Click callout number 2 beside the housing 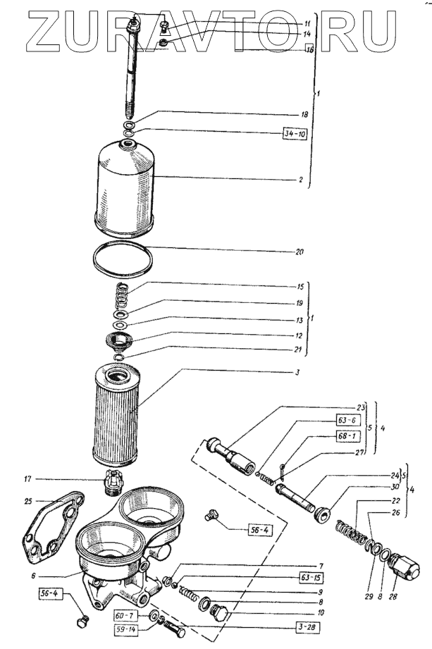coord(300,180)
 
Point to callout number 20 coord(300,251)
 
